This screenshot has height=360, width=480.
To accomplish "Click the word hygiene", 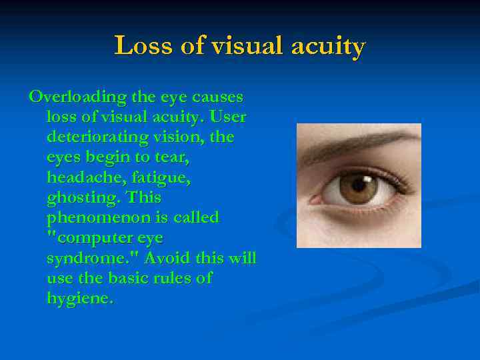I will pos(79,298).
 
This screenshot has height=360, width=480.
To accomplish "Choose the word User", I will pos(228,117).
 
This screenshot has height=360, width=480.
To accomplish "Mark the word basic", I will pos(127,278).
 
